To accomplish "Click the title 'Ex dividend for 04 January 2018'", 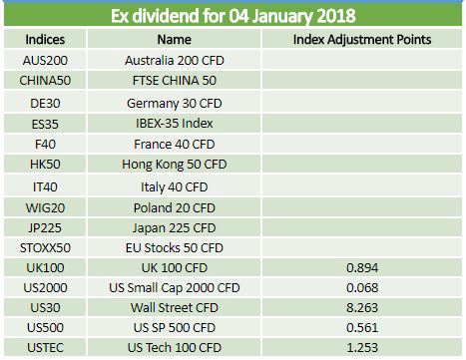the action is pos(233,16).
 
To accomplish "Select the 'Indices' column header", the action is pos(45,40).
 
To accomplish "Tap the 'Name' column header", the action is pos(175,40).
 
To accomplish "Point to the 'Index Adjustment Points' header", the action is pos(362,40).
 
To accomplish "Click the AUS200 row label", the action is pos(45,60).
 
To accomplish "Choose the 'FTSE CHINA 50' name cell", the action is pos(175,80).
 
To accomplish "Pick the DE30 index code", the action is pos(45,103).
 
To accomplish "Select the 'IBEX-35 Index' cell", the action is pos(175,124).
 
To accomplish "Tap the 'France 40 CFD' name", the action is pos(175,144).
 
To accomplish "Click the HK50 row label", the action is pos(45,164).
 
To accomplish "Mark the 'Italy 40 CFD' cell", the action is pos(175,187).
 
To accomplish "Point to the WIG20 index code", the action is pos(45,207).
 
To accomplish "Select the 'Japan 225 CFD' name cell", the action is pos(175,228).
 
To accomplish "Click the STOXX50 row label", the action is pos(45,247).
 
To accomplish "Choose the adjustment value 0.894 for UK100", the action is pos(362,267).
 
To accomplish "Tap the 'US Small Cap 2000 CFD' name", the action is pos(175,288).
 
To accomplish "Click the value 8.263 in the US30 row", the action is pos(362,307).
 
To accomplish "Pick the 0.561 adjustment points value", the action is pos(362,327).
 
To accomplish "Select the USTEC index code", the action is pos(45,347).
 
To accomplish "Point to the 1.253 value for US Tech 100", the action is pos(362,347).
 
